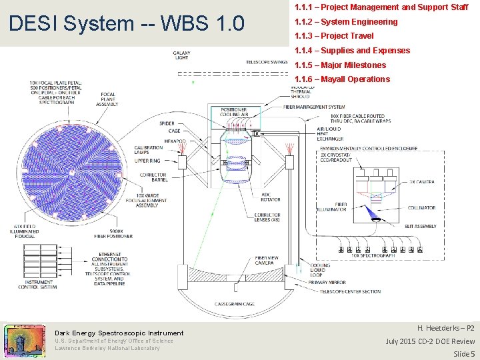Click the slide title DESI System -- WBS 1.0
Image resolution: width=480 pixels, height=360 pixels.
pyautogui.click(x=126, y=24)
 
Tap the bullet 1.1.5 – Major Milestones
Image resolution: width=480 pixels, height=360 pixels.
pyautogui.click(x=340, y=65)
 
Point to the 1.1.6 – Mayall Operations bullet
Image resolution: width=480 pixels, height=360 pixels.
pyautogui.click(x=342, y=79)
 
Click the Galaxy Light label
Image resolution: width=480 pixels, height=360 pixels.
pyautogui.click(x=181, y=55)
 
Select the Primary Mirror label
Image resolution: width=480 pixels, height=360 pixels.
pyautogui.click(x=327, y=283)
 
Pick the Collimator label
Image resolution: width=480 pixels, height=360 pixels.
pyautogui.click(x=422, y=208)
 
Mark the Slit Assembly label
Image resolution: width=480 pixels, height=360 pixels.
pyautogui.click(x=420, y=227)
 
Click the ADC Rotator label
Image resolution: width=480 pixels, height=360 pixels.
pyautogui.click(x=251, y=197)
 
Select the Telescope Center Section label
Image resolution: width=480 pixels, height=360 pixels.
pyautogui.click(x=351, y=291)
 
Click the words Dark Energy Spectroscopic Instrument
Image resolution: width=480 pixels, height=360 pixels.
pyautogui.click(x=119, y=333)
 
